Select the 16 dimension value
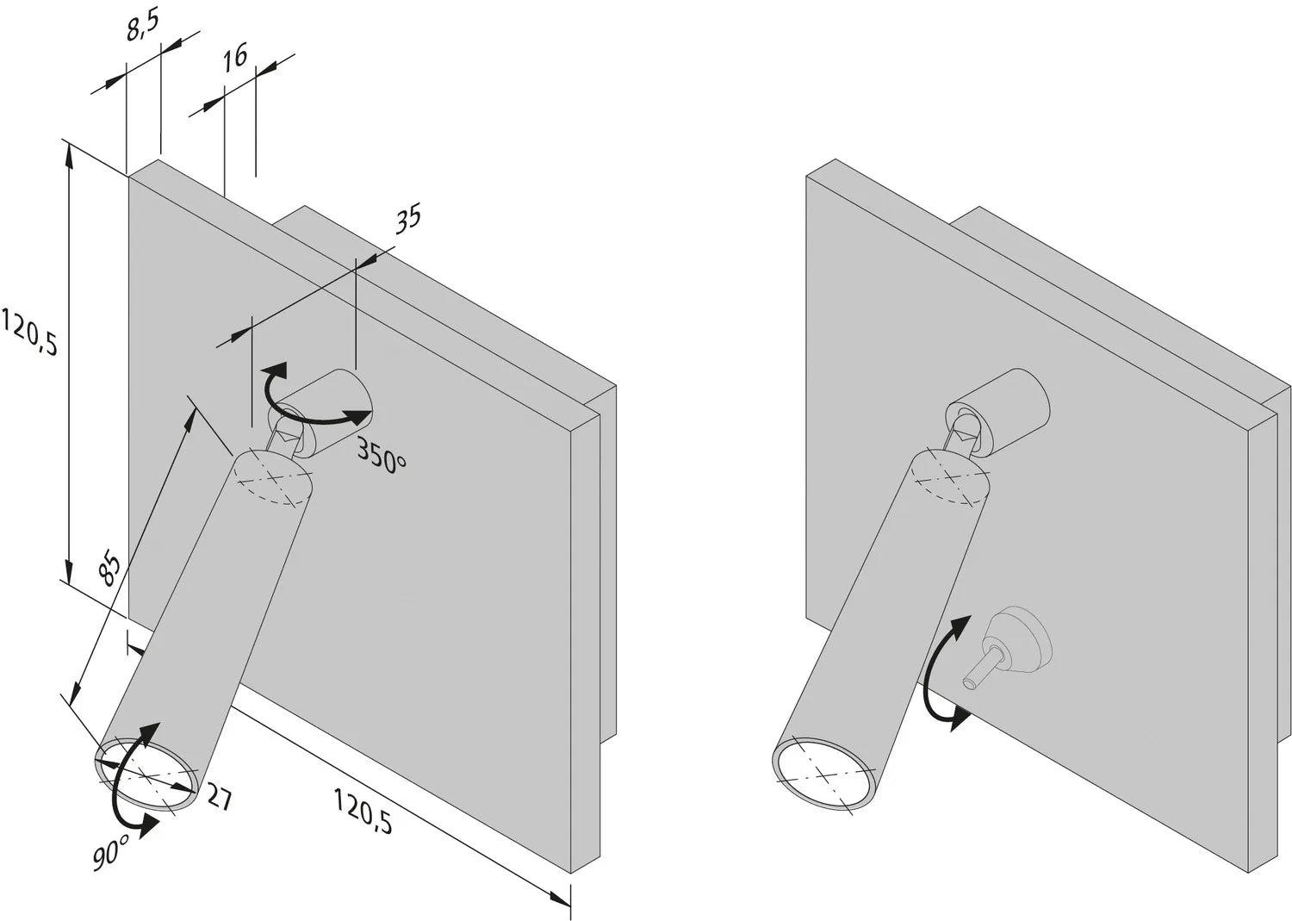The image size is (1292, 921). coord(234,57)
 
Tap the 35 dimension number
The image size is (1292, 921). coord(407,217)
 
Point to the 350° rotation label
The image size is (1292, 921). coord(381,456)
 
